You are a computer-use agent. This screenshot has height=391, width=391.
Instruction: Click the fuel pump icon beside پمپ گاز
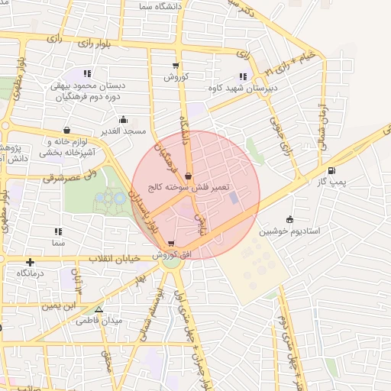click(x=331, y=170)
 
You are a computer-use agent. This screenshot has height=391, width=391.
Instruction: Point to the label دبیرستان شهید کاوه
click(x=241, y=89)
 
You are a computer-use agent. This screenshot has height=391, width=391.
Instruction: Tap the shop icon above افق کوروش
click(x=170, y=244)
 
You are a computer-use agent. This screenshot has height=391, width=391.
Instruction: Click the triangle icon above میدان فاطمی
click(x=99, y=309)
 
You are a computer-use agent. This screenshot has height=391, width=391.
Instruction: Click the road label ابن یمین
click(x=60, y=305)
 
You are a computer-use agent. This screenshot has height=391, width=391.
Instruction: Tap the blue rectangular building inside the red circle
click(x=234, y=199)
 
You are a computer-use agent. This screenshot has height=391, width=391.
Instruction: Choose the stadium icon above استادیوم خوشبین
click(x=289, y=218)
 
